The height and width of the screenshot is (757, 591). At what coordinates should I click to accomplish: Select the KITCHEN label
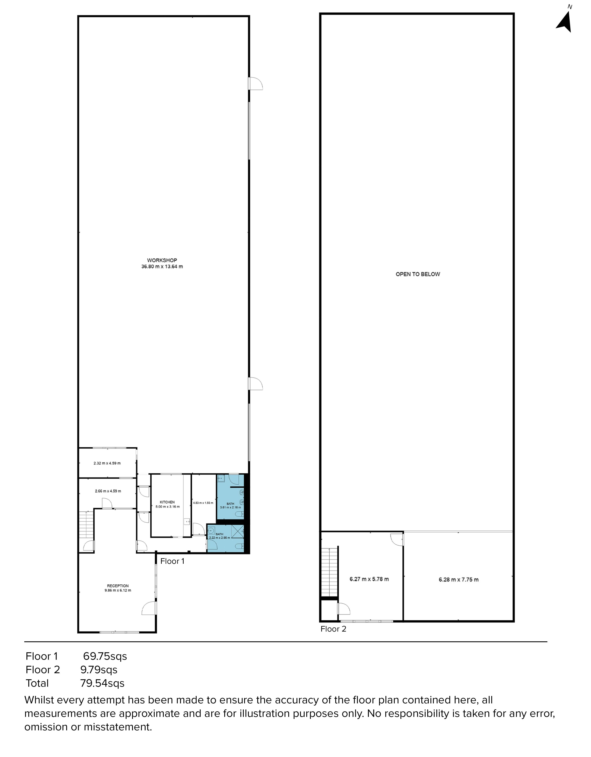[x=167, y=502]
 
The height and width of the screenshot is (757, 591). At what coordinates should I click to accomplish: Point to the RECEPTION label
[x=118, y=586]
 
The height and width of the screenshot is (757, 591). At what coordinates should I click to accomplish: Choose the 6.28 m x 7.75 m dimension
[x=459, y=579]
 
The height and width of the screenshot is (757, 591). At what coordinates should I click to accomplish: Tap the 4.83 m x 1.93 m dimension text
[x=203, y=503]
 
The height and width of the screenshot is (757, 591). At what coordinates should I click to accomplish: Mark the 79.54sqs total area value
[x=102, y=683]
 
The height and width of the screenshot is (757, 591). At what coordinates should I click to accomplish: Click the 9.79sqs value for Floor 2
[x=99, y=670]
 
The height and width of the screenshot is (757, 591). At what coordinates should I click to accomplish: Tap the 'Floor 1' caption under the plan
[x=172, y=561]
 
